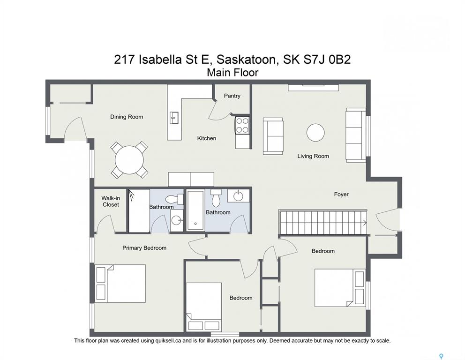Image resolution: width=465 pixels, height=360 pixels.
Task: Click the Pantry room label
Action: [232, 96]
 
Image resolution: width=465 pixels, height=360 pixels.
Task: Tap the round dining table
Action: [129, 160]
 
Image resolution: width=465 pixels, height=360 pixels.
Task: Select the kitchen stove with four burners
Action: [242, 126]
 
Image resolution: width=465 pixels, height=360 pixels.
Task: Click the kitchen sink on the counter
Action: [174, 118]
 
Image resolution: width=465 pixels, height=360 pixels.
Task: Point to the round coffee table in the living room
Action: [315, 133]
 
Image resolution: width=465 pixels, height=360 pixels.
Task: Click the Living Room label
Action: [313, 156]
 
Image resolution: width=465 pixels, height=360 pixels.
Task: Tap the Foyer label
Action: [341, 194]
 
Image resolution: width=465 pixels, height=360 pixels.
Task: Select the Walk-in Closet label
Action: [111, 202]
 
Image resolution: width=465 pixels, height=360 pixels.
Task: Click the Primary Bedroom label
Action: [144, 248]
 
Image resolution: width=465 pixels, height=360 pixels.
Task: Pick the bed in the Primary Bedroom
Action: [120, 284]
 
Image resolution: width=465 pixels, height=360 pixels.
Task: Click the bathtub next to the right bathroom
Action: [195, 210]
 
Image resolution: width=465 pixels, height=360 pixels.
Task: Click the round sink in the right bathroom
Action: [239, 196]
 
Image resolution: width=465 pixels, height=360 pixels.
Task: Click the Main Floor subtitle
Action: [232, 72]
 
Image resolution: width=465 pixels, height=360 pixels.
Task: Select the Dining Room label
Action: [127, 117]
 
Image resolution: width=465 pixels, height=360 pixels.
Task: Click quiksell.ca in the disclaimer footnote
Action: [168, 341]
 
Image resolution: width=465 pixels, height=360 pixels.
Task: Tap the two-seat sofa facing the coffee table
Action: [273, 136]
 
